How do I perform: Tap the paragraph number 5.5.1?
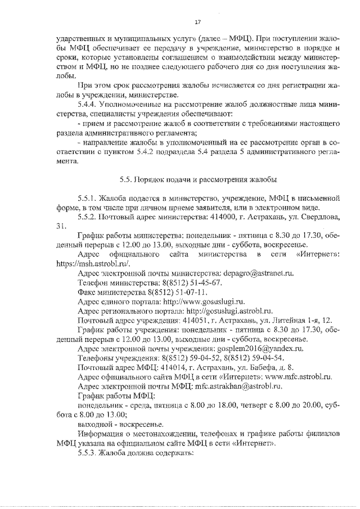(x=89, y=198)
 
